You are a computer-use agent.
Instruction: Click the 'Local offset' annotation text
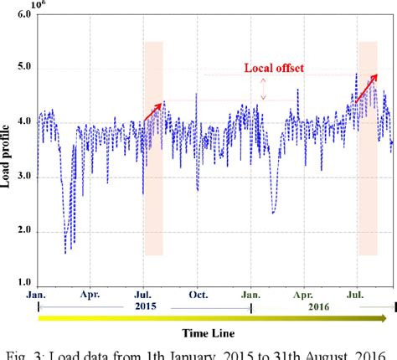273,69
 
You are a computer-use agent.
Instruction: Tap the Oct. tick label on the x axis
198,295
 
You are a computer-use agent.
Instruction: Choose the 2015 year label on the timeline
146,307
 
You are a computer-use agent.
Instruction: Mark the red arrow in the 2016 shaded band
367,91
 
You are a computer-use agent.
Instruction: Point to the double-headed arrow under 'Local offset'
263,88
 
